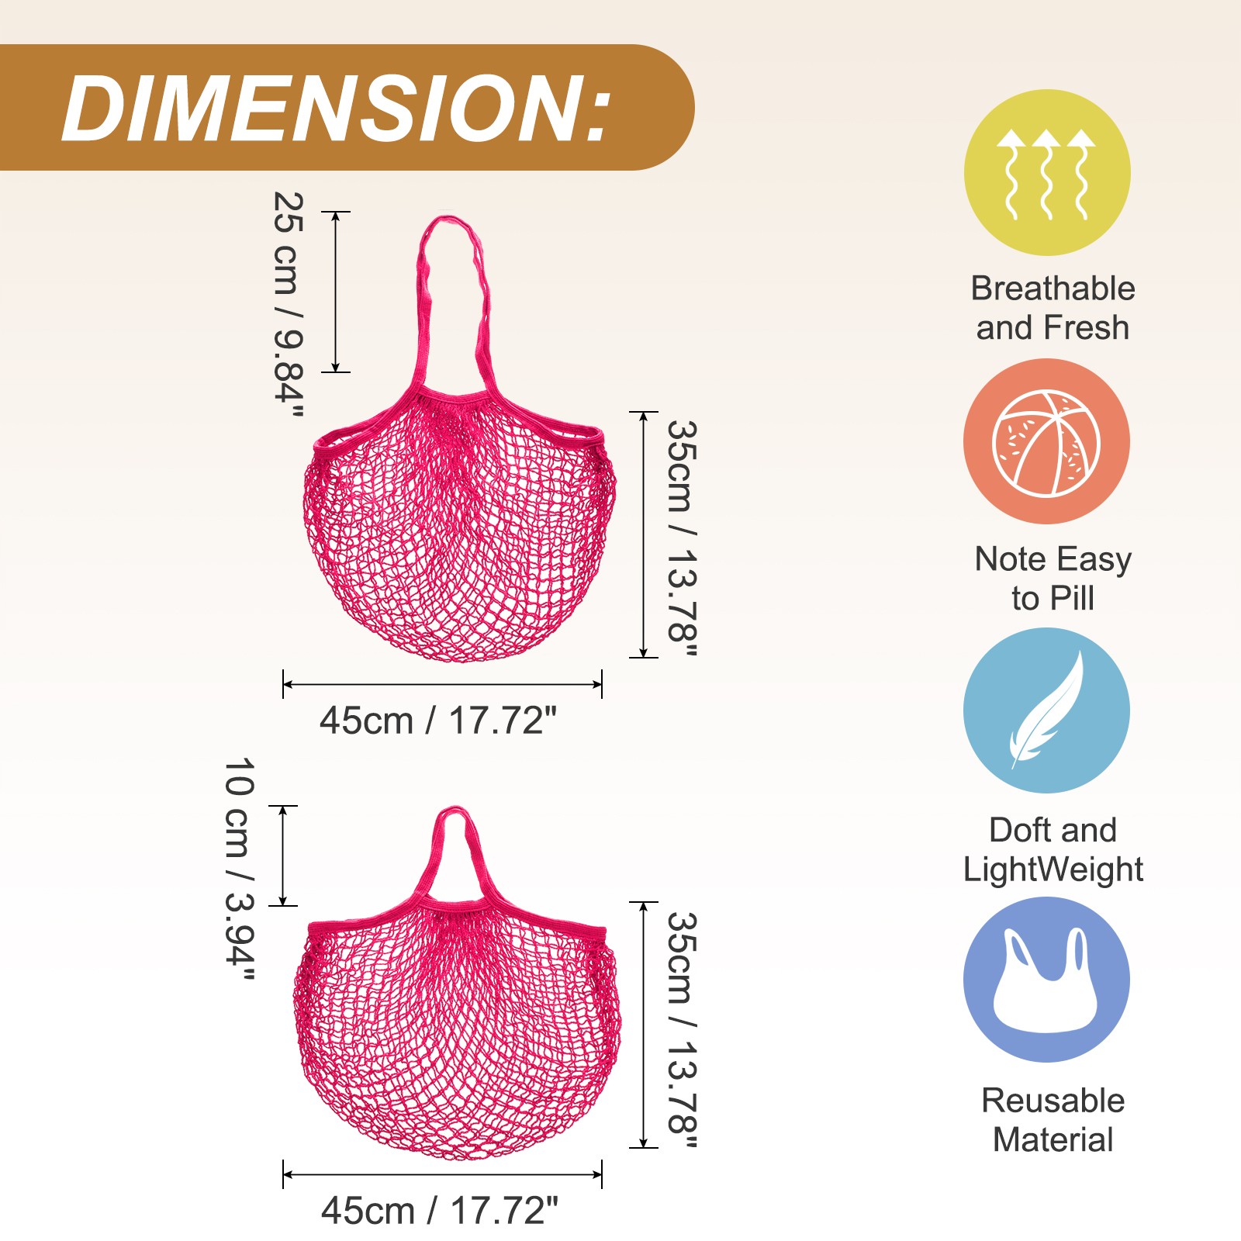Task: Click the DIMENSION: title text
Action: (337, 109)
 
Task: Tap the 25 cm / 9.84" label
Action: (288, 305)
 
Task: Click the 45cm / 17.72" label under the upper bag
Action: (438, 721)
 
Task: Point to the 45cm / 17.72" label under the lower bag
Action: (440, 1211)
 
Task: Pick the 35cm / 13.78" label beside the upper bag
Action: (682, 538)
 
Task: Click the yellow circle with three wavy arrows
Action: (1047, 172)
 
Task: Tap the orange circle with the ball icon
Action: (1046, 441)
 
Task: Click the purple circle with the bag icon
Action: (1046, 980)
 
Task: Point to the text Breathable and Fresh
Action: (1053, 308)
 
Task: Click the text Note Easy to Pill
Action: (1053, 579)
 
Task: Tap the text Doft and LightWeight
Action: (1053, 850)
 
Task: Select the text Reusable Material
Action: (1053, 1120)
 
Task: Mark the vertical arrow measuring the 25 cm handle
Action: (336, 292)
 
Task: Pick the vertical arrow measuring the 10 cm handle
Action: (283, 856)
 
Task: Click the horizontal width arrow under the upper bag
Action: (442, 684)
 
